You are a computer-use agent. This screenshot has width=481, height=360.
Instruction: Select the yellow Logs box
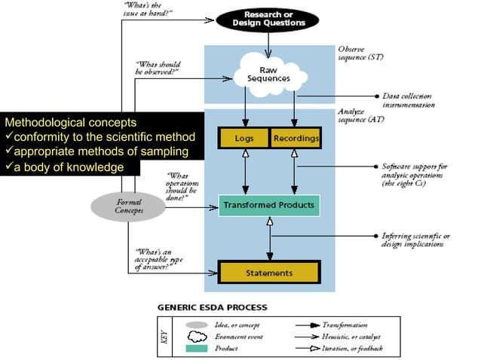click(x=243, y=139)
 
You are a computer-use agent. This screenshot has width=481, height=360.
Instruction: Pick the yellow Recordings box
click(x=296, y=139)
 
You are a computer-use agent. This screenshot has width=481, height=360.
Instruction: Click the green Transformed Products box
click(x=268, y=205)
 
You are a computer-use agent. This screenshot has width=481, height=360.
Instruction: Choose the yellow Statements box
click(x=268, y=271)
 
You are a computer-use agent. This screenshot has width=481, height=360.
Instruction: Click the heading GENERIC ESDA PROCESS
click(x=207, y=307)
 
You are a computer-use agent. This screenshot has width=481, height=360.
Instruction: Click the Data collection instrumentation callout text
click(x=408, y=101)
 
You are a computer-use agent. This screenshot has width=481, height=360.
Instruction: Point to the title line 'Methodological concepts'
click(x=71, y=122)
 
